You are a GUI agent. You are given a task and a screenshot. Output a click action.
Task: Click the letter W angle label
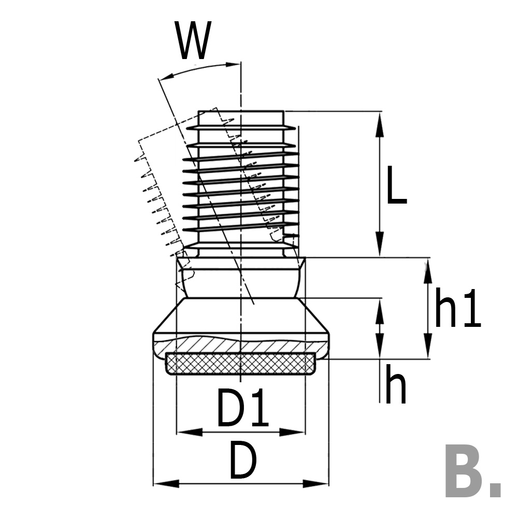(x=194, y=41)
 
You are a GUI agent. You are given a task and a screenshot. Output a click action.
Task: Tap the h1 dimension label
(x=457, y=309)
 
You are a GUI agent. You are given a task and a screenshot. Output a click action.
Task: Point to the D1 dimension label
(x=242, y=409)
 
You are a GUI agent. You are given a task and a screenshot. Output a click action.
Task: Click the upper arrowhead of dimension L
(x=380, y=122)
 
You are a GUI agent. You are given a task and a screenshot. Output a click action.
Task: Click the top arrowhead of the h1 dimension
(x=427, y=270)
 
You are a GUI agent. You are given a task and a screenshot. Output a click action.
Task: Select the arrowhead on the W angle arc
(x=230, y=65)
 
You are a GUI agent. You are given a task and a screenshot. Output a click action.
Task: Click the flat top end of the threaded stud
(x=241, y=111)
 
